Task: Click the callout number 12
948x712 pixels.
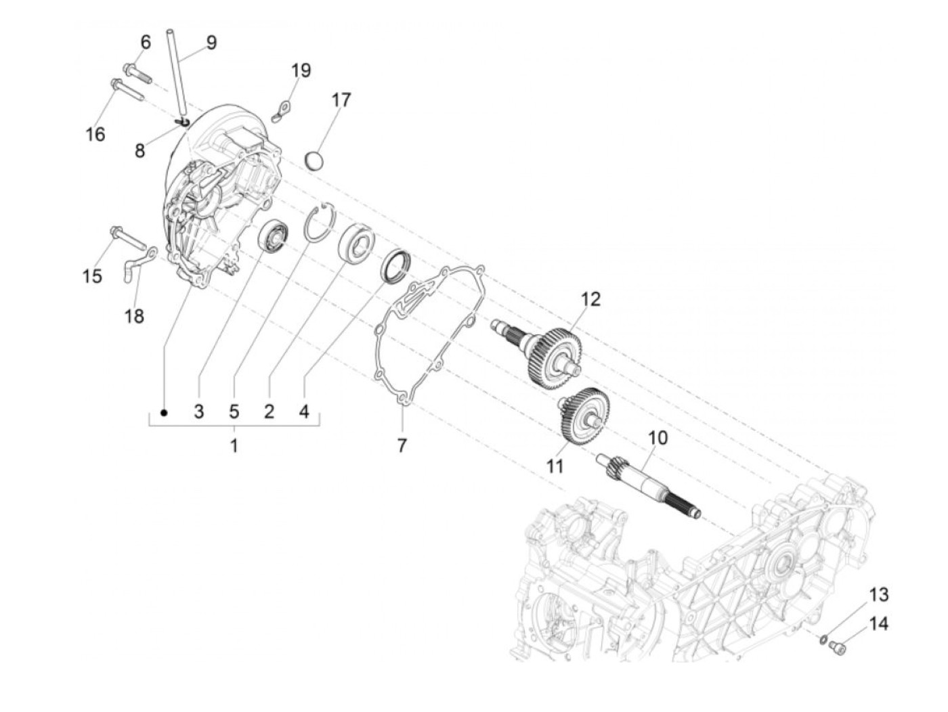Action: click(590, 298)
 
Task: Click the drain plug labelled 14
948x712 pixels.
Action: click(835, 647)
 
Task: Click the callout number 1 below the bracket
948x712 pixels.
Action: click(234, 447)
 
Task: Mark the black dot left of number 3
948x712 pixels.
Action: click(163, 411)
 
